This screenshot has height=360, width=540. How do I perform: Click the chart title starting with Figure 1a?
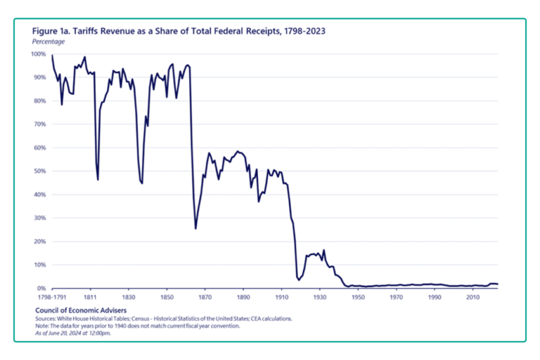pyautogui.click(x=179, y=31)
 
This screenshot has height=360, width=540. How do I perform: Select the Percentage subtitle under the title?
pyautogui.click(x=49, y=42)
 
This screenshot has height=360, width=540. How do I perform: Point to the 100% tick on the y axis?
pyautogui.click(x=37, y=53)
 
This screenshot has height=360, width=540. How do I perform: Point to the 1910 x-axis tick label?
pyautogui.click(x=281, y=297)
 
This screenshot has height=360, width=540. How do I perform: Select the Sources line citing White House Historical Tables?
pyautogui.click(x=163, y=319)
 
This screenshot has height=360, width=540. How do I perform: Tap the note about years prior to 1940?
pyautogui.click(x=139, y=326)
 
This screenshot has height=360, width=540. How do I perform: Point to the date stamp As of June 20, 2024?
pyautogui.click(x=73, y=333)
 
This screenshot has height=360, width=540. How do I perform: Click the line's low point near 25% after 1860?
pyautogui.click(x=195, y=229)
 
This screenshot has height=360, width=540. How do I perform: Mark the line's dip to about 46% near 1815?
pyautogui.click(x=98, y=180)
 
